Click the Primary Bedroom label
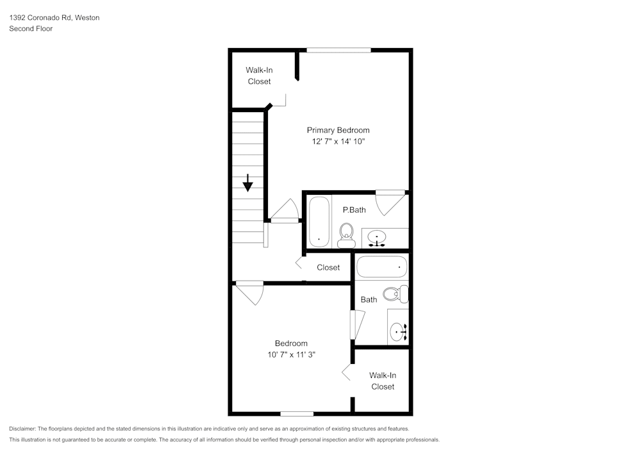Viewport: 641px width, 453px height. tap(338, 130)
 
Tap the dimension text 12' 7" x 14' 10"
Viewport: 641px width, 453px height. tap(338, 142)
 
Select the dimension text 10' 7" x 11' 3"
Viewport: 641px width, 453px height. tap(292, 354)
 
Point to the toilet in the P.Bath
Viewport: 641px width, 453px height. tap(346, 235)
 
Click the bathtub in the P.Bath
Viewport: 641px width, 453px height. tap(319, 222)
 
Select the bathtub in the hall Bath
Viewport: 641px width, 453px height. tap(381, 267)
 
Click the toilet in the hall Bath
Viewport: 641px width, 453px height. tap(396, 294)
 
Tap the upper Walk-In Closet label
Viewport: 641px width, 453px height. tap(259, 76)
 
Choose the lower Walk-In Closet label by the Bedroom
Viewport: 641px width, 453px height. tap(383, 381)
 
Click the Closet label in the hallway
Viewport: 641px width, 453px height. tap(328, 267)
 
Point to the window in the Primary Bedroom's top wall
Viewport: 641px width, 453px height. tap(338, 50)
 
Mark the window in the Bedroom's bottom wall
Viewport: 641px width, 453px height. tap(297, 414)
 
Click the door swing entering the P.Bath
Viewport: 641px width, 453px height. tap(389, 203)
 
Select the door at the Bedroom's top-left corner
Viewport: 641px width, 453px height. tap(249, 292)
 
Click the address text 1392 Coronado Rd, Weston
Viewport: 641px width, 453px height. tap(54, 18)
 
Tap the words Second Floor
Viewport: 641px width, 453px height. tap(31, 29)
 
